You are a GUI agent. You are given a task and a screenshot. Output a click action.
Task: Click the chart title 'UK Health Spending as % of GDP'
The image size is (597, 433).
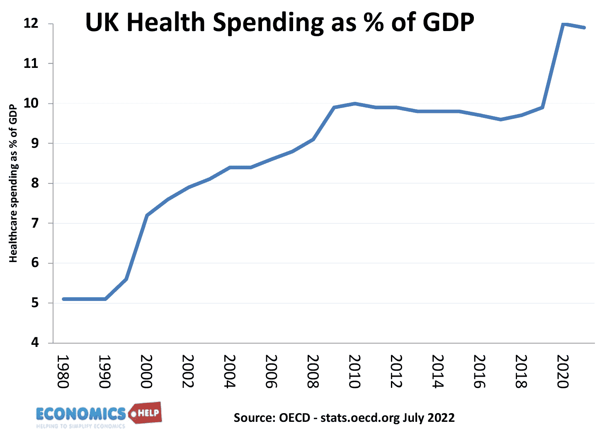280,22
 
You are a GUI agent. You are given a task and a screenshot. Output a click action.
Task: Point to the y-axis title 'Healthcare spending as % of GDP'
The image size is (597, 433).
13,183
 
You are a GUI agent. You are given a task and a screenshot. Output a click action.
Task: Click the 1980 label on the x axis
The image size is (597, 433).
63,371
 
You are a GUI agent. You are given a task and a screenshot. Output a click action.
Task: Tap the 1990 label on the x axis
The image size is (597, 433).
104,371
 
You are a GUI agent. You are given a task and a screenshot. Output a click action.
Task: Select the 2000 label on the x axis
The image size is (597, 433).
146,371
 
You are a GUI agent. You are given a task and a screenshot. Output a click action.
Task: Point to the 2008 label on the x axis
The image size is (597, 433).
313,371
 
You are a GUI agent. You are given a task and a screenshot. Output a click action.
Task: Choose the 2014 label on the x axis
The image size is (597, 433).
437,371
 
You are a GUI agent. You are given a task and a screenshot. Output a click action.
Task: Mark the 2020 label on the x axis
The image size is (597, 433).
562,371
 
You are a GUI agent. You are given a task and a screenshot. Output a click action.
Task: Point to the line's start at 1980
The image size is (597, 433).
63,299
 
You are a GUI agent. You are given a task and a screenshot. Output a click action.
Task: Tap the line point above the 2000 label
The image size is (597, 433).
147,215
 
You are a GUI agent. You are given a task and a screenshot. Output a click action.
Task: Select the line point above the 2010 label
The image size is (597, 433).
355,103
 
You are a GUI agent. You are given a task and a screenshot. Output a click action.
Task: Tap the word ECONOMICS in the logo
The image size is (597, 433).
81,414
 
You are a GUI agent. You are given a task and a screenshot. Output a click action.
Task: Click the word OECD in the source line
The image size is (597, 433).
294,417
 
